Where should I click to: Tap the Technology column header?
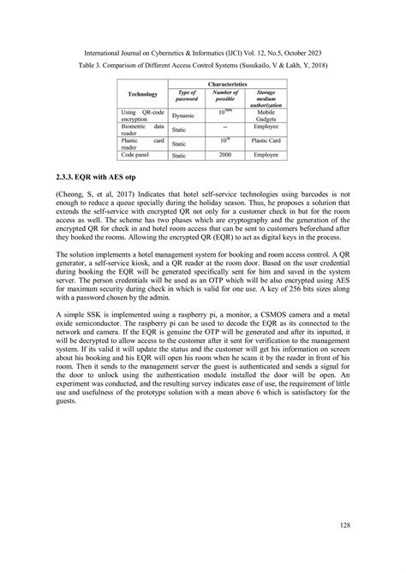(142, 95)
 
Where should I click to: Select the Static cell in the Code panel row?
(179, 156)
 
